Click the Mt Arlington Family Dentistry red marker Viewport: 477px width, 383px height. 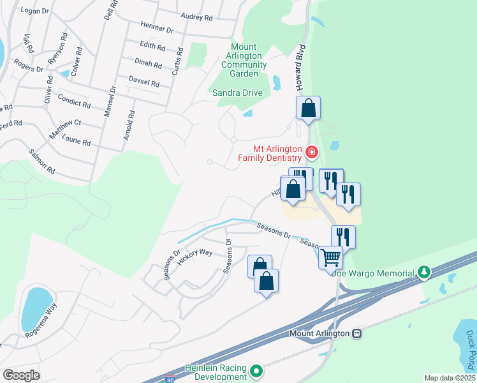pyautogui.click(x=312, y=152)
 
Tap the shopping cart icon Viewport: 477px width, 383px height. pyautogui.click(x=330, y=258)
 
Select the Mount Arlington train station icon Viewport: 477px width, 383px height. pyautogui.click(x=357, y=333)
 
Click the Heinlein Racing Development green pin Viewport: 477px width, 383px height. pyautogui.click(x=256, y=370)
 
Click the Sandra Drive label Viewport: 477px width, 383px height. pyautogui.click(x=238, y=93)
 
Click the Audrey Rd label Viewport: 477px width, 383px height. pyautogui.click(x=196, y=17)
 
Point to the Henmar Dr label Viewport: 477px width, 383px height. pyautogui.click(x=157, y=28)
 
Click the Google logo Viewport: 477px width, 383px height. pyautogui.click(x=21, y=375)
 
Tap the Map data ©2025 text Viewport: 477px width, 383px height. pyautogui.click(x=450, y=378)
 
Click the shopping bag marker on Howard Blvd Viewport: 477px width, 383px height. pyautogui.click(x=308, y=108)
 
